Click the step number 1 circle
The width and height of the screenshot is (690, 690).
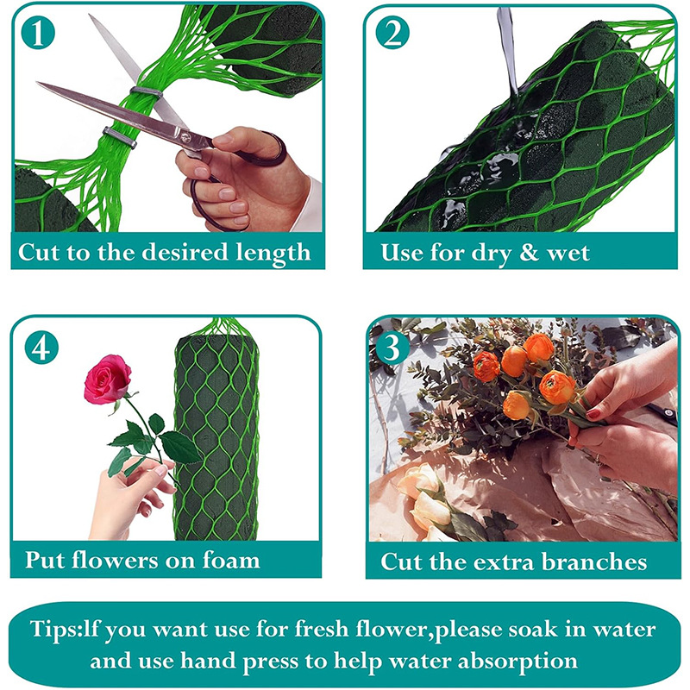pos(38,33)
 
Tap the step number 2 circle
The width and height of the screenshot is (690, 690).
pos(392,33)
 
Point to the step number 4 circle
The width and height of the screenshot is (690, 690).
pos(41,348)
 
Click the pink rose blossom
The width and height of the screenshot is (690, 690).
pos(107,379)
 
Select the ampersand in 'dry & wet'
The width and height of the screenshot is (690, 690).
pos(529,253)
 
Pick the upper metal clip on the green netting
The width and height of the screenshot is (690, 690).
pos(147,91)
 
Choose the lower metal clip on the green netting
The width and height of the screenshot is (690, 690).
pos(120,137)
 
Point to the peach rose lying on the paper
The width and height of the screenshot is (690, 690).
pos(424,498)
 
